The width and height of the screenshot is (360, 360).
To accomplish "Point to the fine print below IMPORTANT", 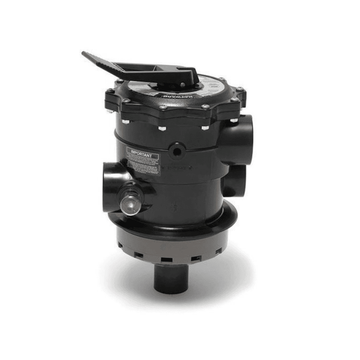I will pos(145,166).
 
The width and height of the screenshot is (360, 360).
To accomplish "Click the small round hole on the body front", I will pos(176,149).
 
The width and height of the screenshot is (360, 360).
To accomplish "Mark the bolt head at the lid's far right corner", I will pos(241,91).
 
